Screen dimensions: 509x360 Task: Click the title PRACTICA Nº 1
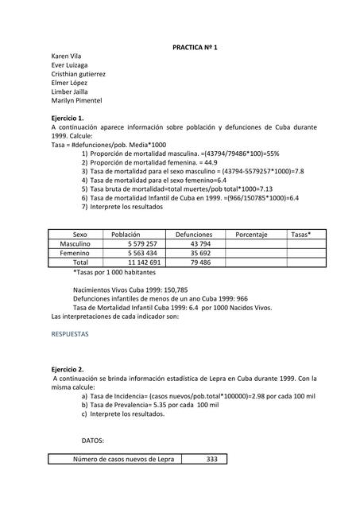tap(195, 48)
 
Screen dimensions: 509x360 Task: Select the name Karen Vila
tap(68, 57)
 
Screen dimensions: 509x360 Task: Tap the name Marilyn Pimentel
tap(76, 100)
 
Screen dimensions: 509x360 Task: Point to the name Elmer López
tap(69, 83)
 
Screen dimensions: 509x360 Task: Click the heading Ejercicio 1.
tap(68, 118)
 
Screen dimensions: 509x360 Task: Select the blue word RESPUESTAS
tap(70, 335)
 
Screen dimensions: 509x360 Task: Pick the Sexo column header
tap(80, 235)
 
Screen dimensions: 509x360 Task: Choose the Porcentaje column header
tap(251, 235)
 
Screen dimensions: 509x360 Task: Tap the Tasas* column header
tap(301, 235)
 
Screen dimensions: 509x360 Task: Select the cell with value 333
tap(211, 459)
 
